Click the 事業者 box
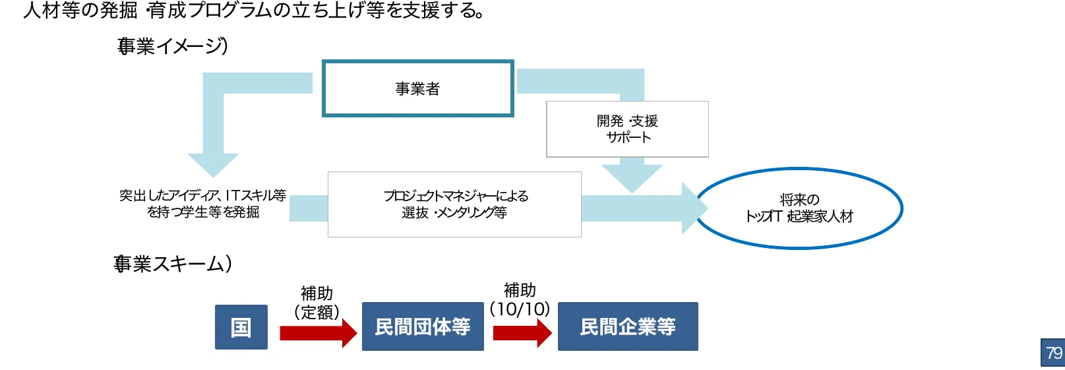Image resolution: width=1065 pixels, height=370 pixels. [x=417, y=88]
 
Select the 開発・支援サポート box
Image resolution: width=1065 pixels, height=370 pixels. [x=627, y=129]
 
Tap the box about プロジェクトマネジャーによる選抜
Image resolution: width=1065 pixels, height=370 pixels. [x=454, y=204]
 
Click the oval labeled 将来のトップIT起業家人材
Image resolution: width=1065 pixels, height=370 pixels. [x=799, y=208]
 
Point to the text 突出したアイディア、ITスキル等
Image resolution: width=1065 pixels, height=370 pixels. [x=202, y=195]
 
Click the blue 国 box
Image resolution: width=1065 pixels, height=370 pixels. [x=241, y=327]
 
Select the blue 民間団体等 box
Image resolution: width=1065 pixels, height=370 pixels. [x=422, y=327]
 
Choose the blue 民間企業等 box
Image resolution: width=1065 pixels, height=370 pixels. [x=627, y=327]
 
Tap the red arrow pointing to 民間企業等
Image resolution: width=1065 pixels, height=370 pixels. [x=522, y=333]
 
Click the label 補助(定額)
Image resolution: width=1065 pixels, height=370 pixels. [x=317, y=303]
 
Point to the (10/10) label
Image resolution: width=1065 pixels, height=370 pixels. [x=520, y=309]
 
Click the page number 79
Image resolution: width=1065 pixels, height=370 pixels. [x=1053, y=353]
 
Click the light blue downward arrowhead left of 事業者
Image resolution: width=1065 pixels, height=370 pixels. [x=213, y=164]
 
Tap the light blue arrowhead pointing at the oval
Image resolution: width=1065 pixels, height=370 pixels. [x=694, y=208]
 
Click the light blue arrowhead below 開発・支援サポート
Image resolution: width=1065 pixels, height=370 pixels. [x=632, y=177]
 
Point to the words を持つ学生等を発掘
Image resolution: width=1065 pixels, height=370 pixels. [x=202, y=212]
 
